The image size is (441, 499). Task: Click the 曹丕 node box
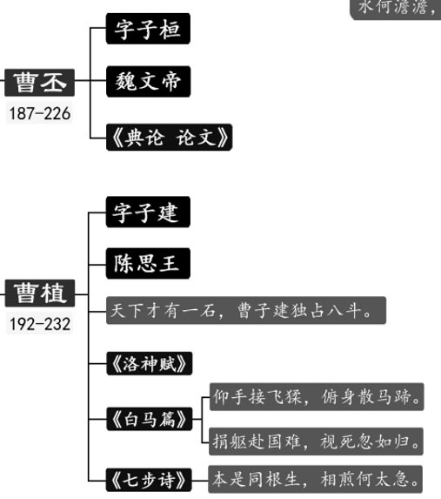coord(40,83)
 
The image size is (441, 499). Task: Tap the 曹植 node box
coord(40,293)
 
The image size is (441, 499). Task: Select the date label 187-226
coord(39,113)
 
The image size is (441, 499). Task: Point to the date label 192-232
coord(39,324)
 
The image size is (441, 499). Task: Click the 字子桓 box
coord(148,29)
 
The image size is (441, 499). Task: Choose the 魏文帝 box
coord(148,82)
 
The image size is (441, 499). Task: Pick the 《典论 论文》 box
coord(169,138)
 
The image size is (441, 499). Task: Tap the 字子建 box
coord(148,212)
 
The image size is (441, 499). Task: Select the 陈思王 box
coord(148,264)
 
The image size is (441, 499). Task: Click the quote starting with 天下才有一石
coord(246,310)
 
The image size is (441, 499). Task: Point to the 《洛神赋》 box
coord(150,363)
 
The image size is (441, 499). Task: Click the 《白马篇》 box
coord(150,419)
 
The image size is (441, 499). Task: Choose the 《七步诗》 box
coord(149,480)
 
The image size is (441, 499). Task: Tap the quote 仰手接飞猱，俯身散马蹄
coord(317,397)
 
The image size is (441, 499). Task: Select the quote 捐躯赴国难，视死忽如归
coord(316,442)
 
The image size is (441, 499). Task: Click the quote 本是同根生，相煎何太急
coord(316,479)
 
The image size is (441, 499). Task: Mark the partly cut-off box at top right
coord(396,10)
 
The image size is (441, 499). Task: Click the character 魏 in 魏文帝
coord(126,82)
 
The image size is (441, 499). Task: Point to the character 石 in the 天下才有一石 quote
coord(208,311)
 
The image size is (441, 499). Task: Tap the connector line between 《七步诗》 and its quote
coord(200,480)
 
